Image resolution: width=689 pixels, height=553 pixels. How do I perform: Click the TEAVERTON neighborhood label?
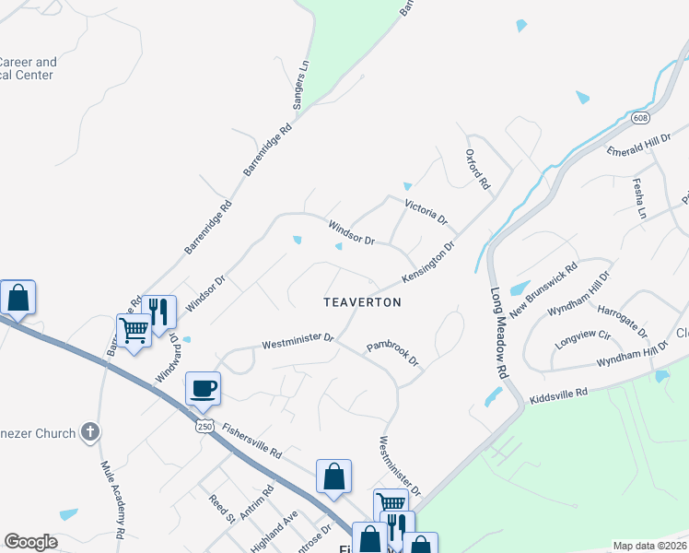click(x=362, y=302)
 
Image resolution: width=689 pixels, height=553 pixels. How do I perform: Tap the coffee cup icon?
click(x=203, y=387)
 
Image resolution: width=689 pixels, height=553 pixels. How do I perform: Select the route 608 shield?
click(x=640, y=118)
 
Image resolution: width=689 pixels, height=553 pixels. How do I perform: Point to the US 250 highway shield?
click(x=204, y=427)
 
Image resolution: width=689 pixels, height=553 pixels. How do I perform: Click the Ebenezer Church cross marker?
click(x=88, y=431)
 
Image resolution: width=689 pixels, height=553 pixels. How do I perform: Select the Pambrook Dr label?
click(x=392, y=353)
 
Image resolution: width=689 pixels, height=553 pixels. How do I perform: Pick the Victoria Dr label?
click(x=426, y=213)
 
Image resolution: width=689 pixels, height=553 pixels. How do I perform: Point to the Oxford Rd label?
click(x=477, y=169)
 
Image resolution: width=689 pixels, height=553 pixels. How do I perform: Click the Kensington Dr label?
click(x=428, y=263)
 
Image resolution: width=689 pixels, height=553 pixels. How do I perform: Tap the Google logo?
click(x=30, y=542)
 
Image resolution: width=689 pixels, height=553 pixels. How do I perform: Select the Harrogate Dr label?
click(x=623, y=319)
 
